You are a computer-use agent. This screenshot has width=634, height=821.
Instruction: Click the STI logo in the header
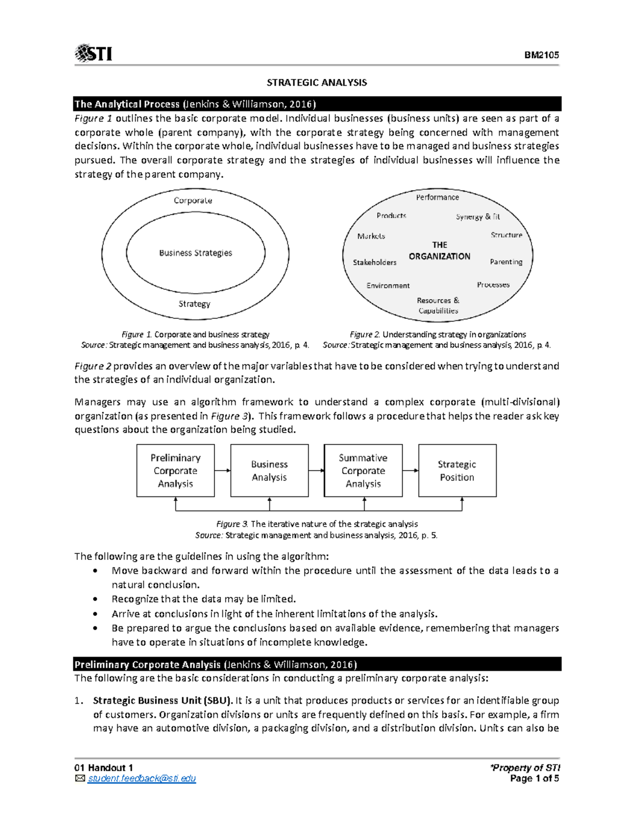point(94,53)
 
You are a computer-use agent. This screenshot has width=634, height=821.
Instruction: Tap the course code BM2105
point(542,55)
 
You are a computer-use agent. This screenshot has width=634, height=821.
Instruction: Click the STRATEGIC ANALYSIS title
point(316,82)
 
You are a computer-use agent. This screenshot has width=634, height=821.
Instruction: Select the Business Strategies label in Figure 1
point(195,253)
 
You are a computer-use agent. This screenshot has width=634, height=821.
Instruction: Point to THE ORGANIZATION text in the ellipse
point(439,251)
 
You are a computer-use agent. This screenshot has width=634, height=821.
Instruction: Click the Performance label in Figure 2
point(437,197)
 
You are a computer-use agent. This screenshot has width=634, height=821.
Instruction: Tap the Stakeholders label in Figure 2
point(375,262)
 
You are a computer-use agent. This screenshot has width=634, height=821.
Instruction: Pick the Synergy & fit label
point(478,217)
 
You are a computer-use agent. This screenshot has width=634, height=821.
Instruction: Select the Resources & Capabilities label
point(438,306)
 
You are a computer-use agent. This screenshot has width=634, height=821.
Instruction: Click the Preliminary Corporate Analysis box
point(175,471)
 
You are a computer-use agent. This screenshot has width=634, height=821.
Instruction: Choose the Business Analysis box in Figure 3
point(269,471)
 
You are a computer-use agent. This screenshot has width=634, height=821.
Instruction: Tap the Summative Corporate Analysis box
point(363,471)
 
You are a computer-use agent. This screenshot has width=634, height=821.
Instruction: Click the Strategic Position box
point(457,471)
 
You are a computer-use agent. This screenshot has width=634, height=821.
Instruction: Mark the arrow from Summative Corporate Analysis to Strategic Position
point(411,471)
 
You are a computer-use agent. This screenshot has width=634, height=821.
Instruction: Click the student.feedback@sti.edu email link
point(142,779)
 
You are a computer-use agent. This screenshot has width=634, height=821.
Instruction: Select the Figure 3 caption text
point(316,524)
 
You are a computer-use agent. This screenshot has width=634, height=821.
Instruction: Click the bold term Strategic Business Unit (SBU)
point(163,700)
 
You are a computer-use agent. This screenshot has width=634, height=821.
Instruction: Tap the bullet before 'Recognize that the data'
point(95,599)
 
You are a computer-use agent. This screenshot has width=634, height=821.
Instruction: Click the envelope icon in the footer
point(80,779)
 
